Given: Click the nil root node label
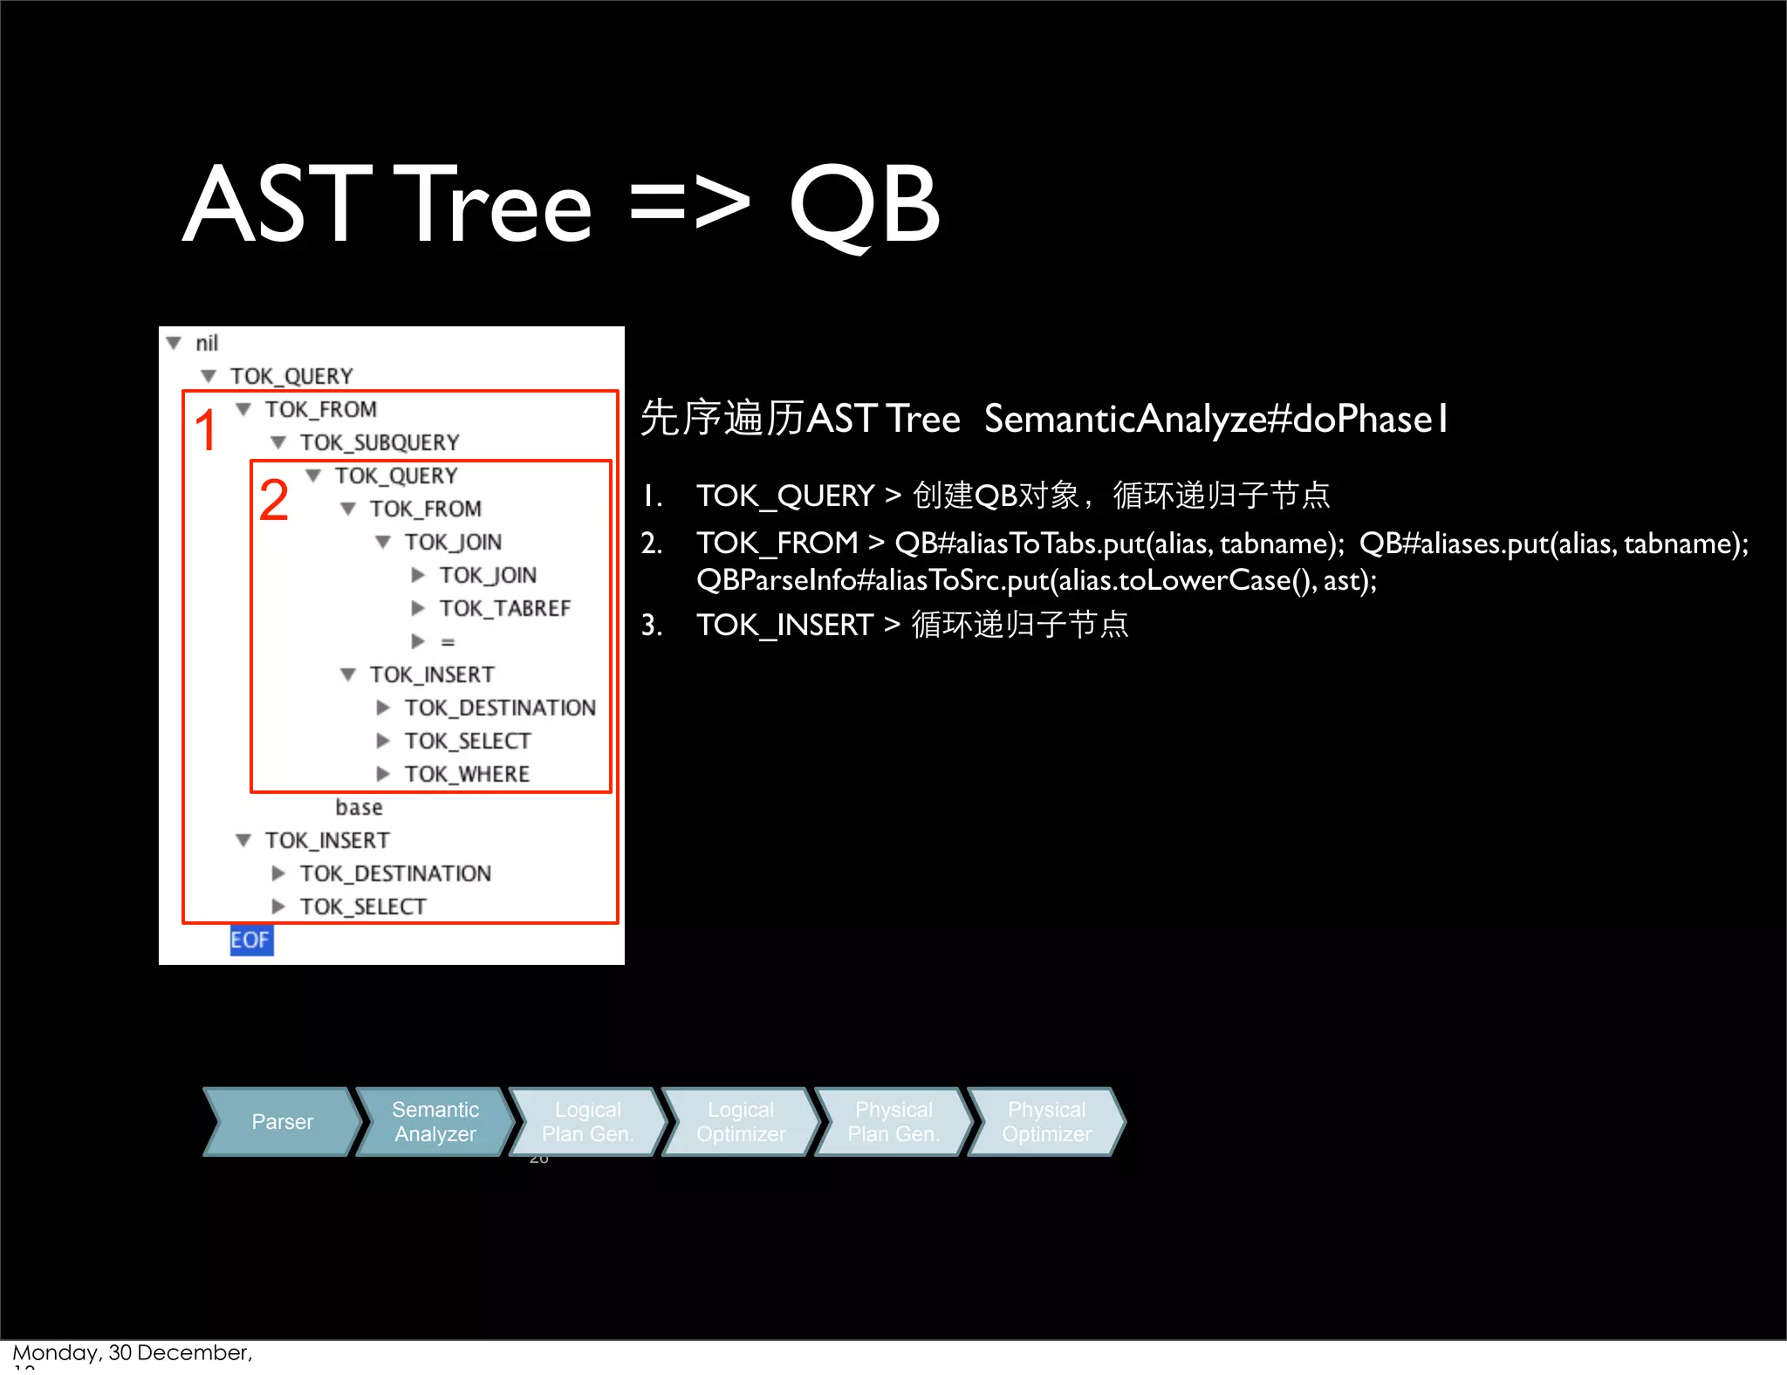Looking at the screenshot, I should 206,343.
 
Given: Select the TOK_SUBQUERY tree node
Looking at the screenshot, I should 379,442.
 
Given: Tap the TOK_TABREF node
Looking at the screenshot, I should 504,608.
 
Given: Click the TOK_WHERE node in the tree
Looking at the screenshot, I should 467,774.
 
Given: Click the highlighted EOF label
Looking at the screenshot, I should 250,940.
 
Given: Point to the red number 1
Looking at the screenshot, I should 206,430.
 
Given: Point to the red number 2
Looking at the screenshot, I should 273,500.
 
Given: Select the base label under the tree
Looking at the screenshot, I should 359,807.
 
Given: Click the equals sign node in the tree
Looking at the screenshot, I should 448,641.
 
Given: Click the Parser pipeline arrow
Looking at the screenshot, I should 281,1122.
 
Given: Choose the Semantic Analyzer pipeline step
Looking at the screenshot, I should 435,1122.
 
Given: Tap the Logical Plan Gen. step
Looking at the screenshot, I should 587,1122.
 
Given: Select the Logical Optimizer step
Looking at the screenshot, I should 740,1122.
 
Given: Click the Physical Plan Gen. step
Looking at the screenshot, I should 893,1122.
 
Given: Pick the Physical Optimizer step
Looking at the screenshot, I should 1046,1122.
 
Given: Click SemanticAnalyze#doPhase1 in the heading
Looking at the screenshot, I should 1215,420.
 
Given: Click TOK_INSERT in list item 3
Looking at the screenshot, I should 784,625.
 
